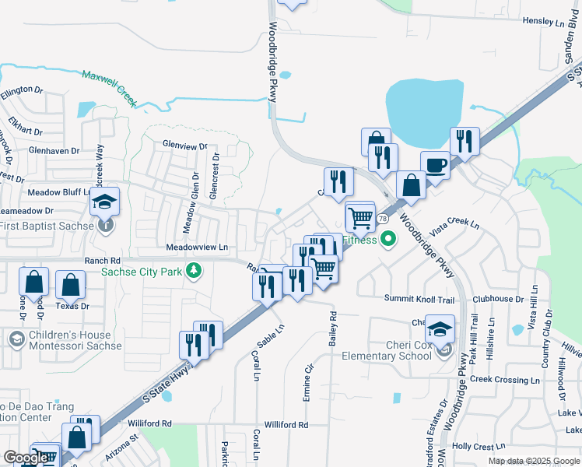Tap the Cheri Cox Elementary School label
tap(387, 350)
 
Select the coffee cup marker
tap(435, 166)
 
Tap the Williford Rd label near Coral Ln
tap(286, 425)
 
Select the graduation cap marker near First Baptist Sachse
tap(104, 202)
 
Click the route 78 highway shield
tap(383, 219)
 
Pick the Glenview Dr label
tap(185, 146)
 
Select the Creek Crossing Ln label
tap(505, 379)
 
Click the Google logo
tap(26, 458)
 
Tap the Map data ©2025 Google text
tap(534, 461)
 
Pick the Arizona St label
tap(122, 447)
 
